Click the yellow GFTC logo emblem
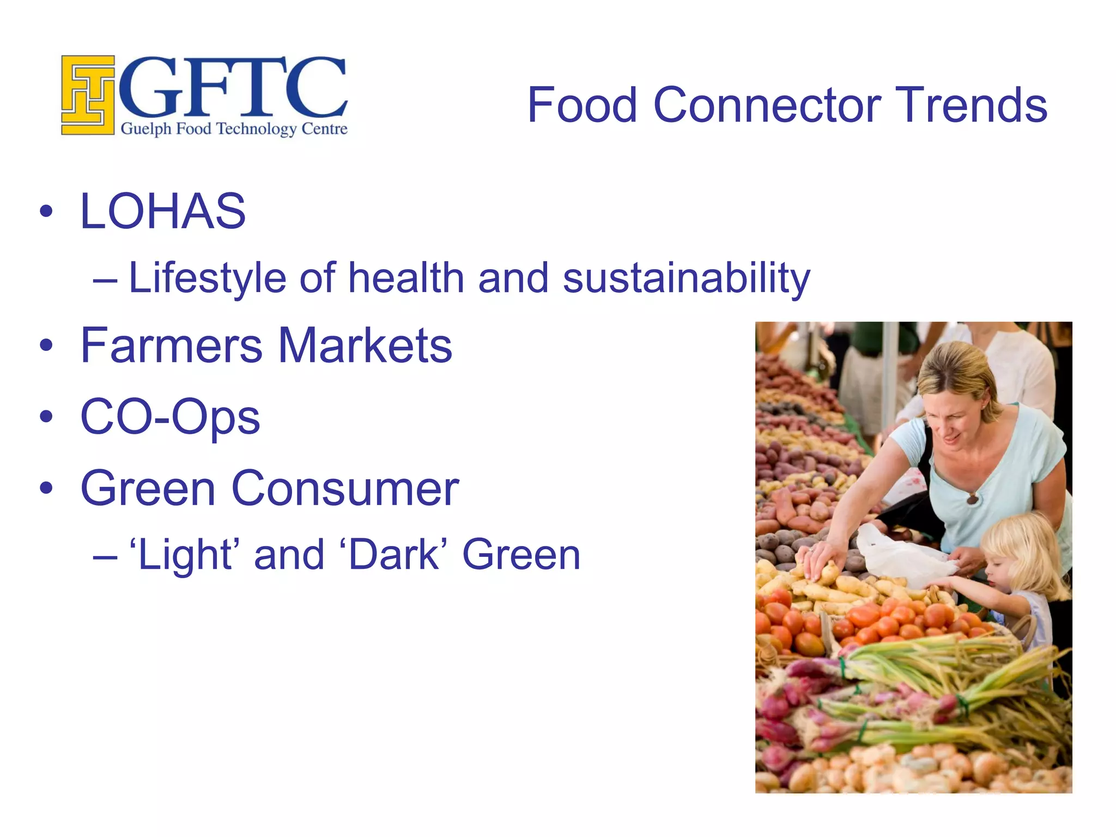pos(88,95)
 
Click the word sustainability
pos(686,278)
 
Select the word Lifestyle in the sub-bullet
pos(207,278)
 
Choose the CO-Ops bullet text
pos(170,417)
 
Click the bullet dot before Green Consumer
pos(47,488)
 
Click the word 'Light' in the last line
pos(186,555)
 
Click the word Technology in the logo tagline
pos(256,129)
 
